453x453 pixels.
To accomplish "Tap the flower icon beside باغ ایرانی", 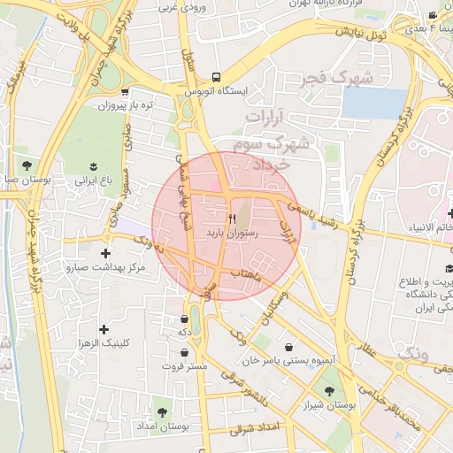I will (93, 165).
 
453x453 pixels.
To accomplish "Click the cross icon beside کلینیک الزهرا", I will (105, 329).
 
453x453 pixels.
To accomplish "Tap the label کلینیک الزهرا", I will (105, 342).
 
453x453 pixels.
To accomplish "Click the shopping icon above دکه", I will (184, 319).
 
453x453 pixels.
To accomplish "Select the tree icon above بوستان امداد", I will (161, 412).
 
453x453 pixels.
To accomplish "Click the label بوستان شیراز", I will (333, 405).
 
